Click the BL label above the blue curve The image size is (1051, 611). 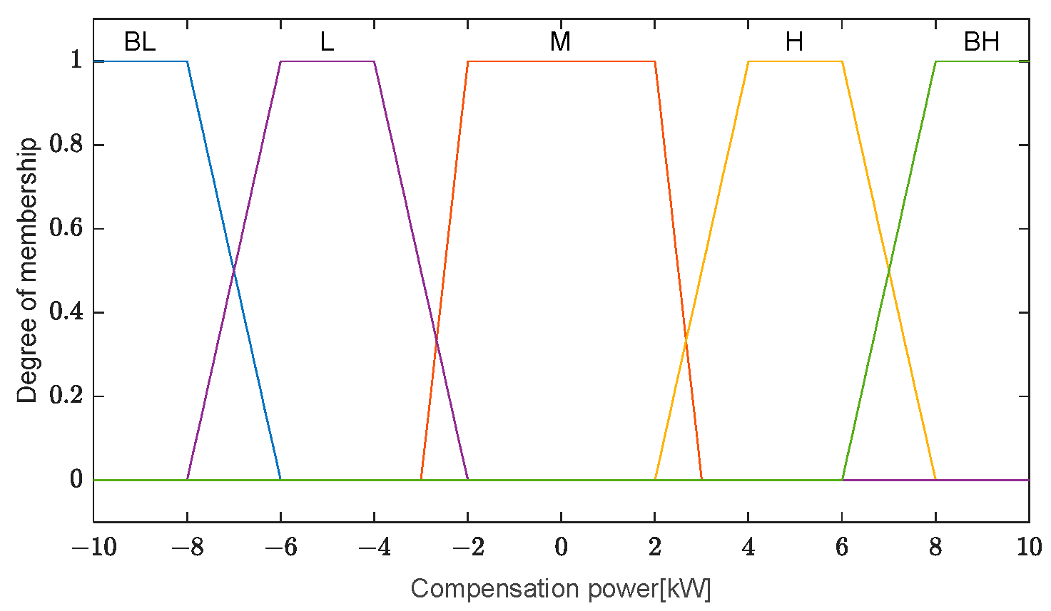[140, 42]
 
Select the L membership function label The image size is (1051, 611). [327, 42]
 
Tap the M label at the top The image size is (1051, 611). [560, 42]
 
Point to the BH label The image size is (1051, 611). [981, 42]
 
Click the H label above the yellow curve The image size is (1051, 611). [794, 42]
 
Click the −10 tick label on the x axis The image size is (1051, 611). [93, 548]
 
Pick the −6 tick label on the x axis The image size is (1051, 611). [280, 548]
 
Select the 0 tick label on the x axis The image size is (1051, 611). [561, 548]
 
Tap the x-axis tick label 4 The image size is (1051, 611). [748, 548]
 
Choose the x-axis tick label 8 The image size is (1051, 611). [935, 548]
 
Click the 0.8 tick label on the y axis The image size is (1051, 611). [66, 145]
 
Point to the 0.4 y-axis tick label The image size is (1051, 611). [66, 312]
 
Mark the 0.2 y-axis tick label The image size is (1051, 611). [66, 396]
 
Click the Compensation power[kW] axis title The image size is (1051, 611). [561, 589]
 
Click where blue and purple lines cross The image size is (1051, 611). [234, 271]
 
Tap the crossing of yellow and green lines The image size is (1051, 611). [889, 271]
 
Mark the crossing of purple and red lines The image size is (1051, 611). [436, 341]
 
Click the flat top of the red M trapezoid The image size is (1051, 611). [561, 61]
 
